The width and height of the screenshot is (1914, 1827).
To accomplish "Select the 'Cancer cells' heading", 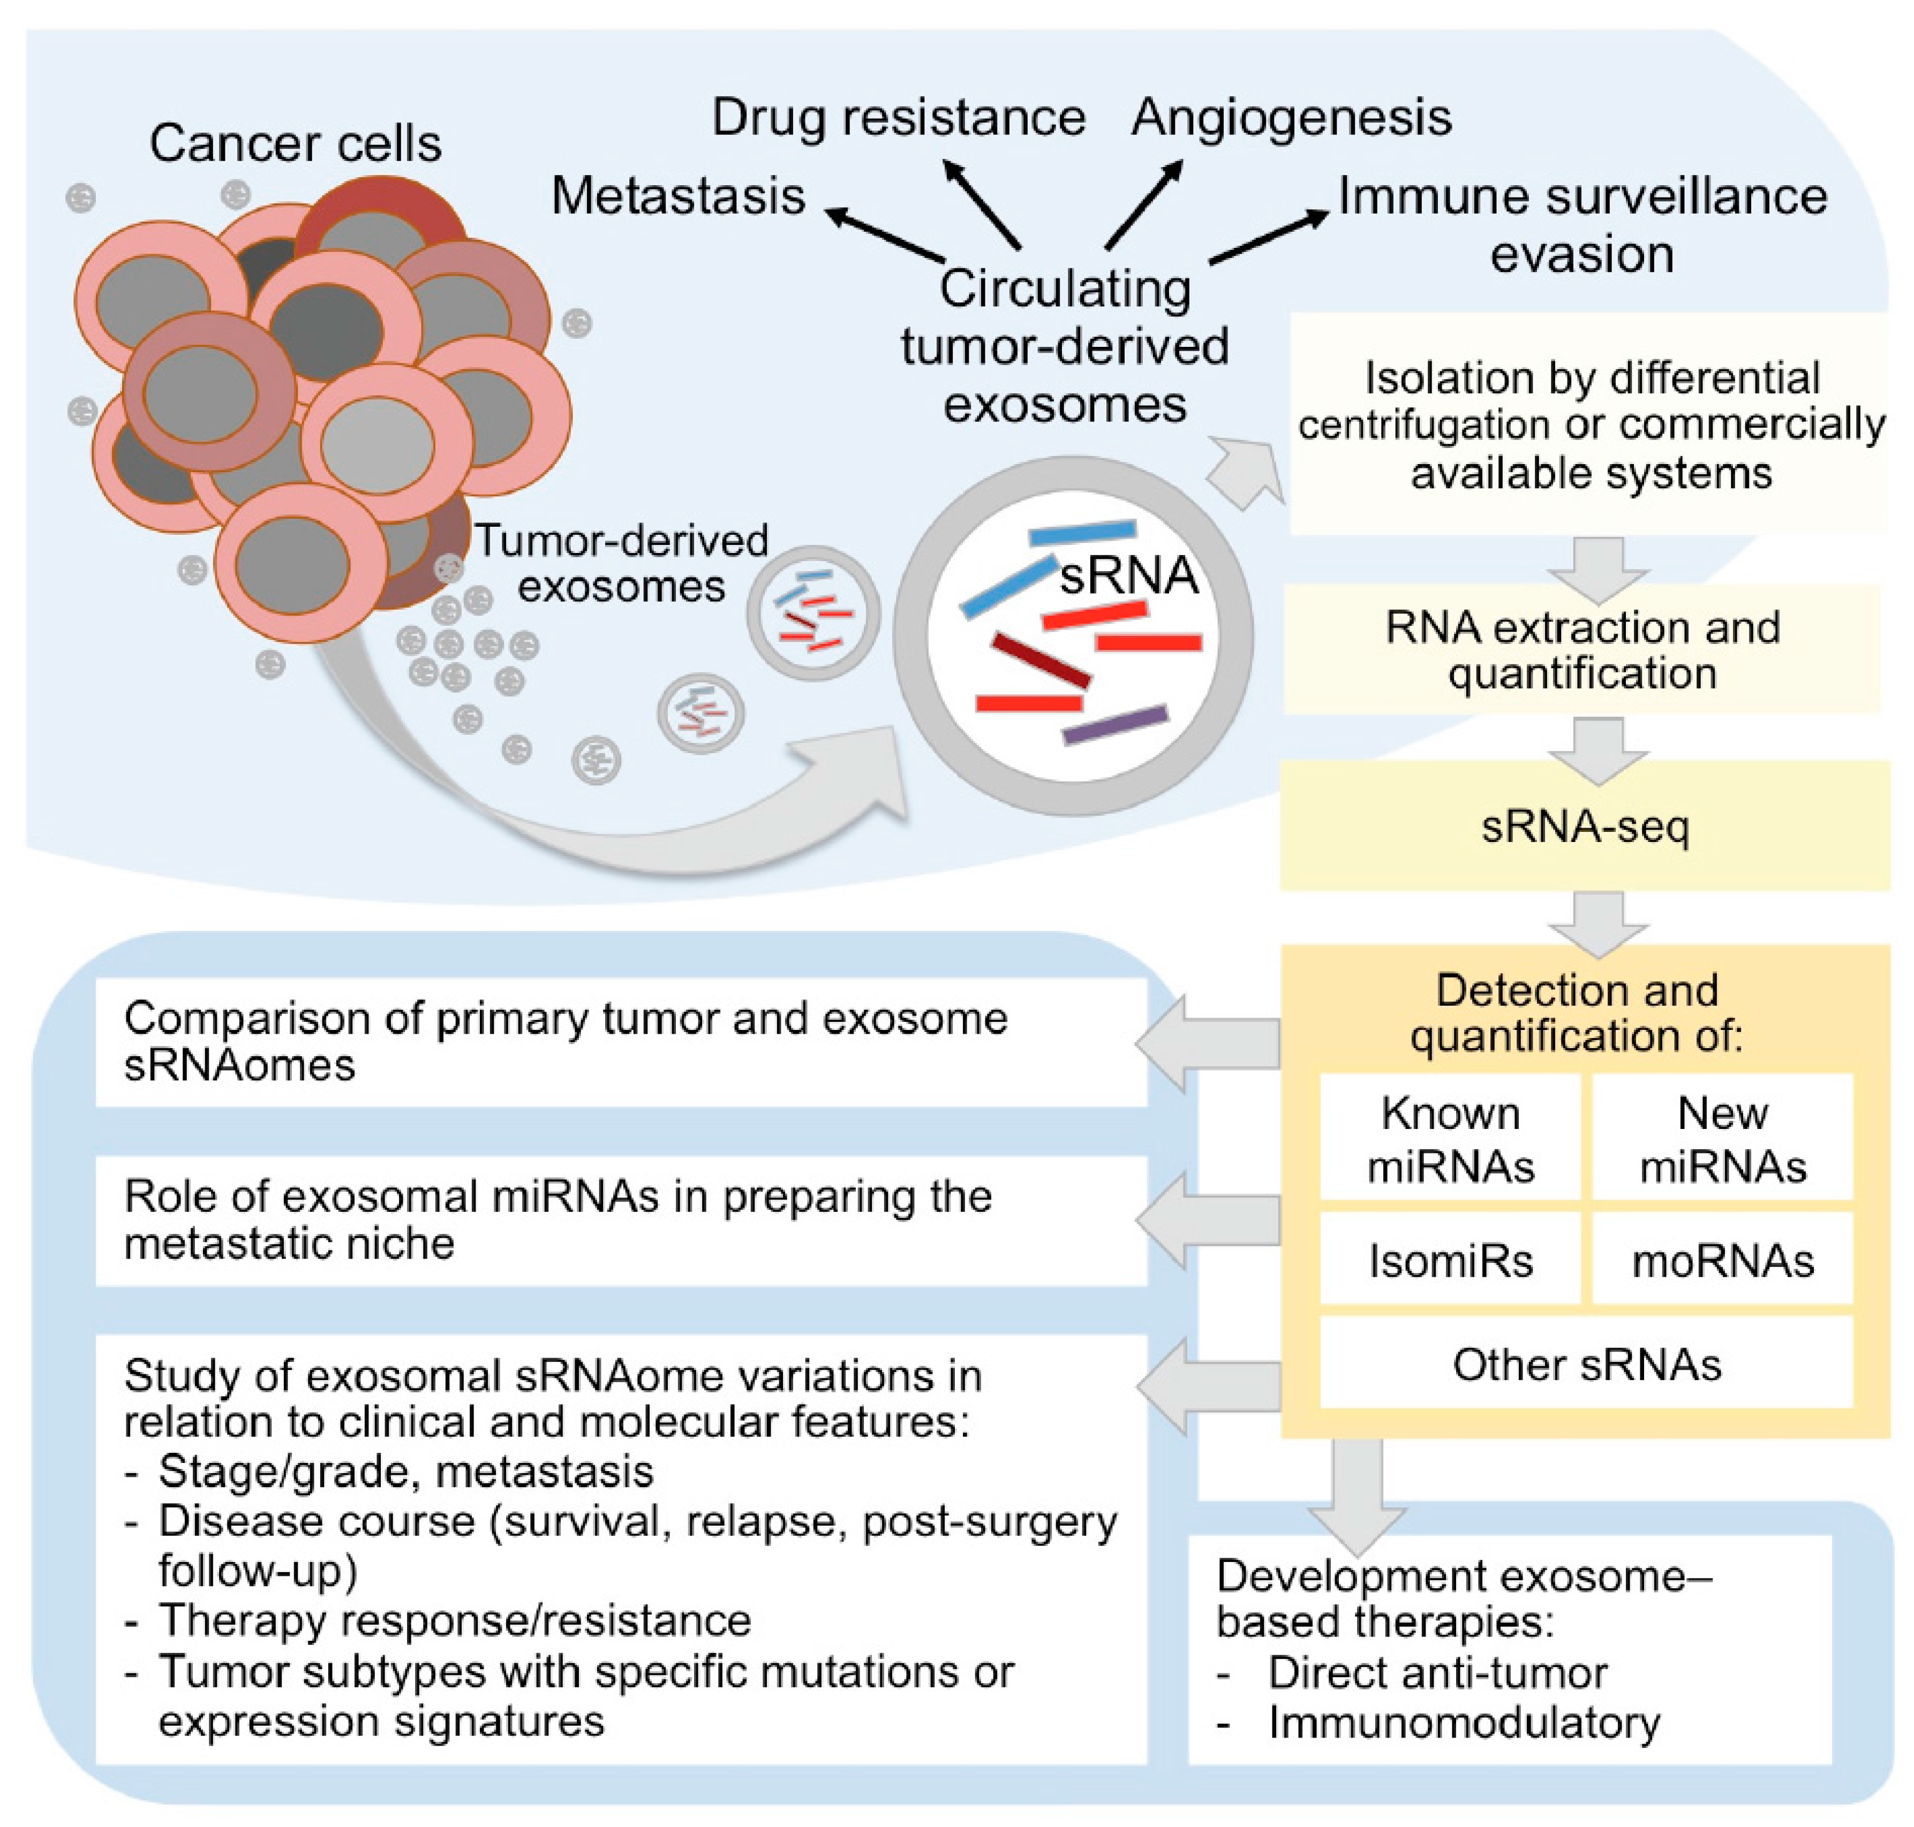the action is [295, 143].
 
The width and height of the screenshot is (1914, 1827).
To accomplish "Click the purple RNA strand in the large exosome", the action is [1114, 725].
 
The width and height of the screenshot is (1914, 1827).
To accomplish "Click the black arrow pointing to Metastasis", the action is [884, 234].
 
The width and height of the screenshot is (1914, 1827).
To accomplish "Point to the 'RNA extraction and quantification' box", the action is [1582, 649].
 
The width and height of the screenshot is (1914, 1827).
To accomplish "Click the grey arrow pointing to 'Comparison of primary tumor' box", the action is [1208, 1043].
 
